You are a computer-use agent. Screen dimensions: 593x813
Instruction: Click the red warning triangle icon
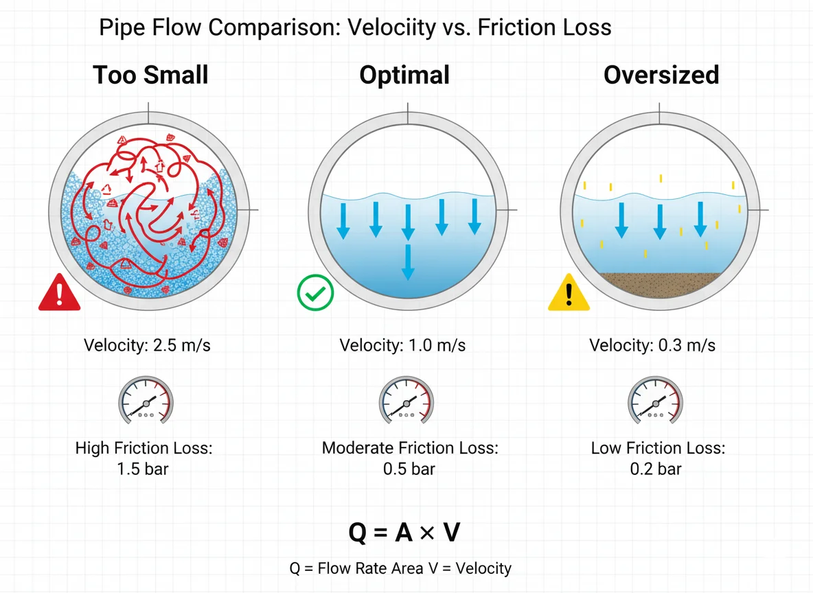60,294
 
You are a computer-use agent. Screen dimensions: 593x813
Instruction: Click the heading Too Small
150,75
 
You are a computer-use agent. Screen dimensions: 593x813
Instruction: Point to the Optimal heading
404,75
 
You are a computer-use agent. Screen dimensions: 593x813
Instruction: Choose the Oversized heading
661,75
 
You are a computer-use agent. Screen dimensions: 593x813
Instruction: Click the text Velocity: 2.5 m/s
147,345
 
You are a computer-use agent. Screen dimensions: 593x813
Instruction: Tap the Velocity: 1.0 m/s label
402,345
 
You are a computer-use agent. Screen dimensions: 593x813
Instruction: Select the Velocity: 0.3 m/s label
652,345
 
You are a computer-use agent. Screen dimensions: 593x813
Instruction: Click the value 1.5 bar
144,469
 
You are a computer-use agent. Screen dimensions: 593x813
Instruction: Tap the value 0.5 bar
410,469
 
